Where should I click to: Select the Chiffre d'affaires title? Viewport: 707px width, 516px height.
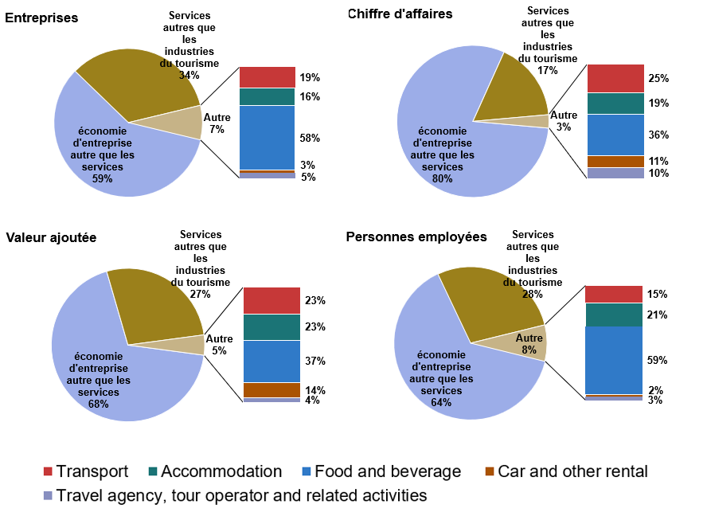400,14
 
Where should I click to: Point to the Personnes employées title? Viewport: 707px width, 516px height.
416,236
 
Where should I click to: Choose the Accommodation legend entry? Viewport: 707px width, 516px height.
213,471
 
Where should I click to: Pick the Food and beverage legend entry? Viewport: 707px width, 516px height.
379,471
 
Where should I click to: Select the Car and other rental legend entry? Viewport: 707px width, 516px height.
564,471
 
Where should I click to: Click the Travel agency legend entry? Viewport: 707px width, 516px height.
235,495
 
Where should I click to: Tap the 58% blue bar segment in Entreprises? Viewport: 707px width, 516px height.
268,137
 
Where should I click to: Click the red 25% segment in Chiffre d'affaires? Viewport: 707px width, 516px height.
615,78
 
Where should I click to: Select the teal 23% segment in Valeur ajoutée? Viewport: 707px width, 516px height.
271,326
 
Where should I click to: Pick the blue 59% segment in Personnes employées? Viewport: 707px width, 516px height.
614,360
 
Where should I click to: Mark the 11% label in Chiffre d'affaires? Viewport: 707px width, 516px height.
658,161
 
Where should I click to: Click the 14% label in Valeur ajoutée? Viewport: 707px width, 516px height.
314,390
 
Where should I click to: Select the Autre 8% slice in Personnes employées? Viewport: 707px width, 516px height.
534,342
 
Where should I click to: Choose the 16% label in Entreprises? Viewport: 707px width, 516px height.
310,96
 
